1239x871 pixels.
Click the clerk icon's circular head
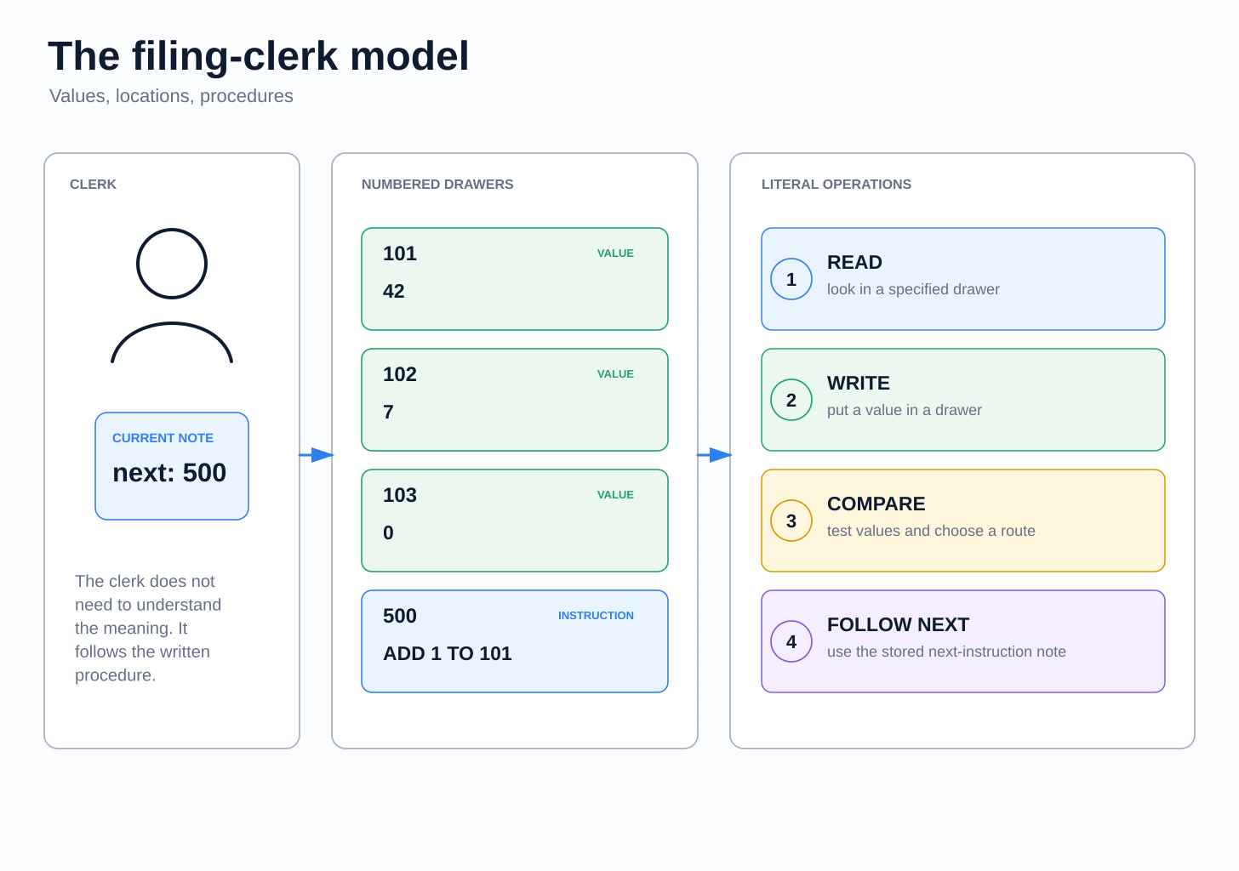(x=172, y=229)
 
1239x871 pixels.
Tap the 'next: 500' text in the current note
(x=169, y=473)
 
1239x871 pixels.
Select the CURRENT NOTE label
(x=163, y=438)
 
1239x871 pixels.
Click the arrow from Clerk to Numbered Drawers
(x=316, y=455)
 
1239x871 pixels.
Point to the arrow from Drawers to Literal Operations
(x=714, y=455)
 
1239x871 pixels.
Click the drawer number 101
(x=399, y=253)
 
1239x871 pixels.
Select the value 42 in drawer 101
(x=393, y=291)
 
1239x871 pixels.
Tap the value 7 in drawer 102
(x=388, y=412)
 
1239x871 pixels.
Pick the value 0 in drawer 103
(x=388, y=532)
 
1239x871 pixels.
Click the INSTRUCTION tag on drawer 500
(x=596, y=616)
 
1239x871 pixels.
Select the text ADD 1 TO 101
(x=447, y=653)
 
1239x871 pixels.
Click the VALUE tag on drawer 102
(x=615, y=374)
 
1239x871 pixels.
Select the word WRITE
(x=858, y=384)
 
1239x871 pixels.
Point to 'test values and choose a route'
(x=931, y=531)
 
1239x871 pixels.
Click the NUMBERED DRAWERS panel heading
(x=437, y=185)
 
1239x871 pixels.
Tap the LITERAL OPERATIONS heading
(x=836, y=185)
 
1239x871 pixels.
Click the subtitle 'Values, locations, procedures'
(x=171, y=96)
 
